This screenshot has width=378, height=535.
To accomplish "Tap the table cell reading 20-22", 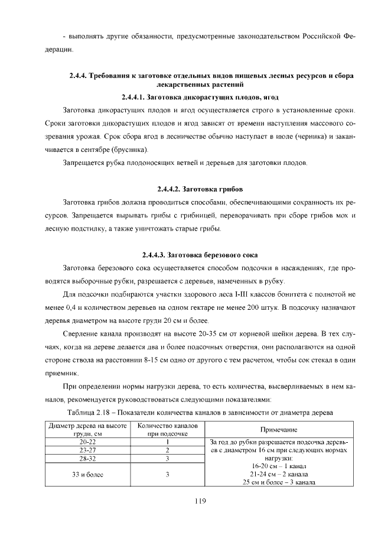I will [x=87, y=442].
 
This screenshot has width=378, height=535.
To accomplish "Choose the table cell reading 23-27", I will [x=87, y=450].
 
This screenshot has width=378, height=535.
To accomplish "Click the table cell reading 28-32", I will [x=87, y=458].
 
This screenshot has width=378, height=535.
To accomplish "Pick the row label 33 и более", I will [x=87, y=474].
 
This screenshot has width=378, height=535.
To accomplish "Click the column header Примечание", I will [x=278, y=430].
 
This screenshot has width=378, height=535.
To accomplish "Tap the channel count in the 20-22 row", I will [x=168, y=442].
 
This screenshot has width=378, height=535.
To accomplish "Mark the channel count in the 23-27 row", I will [x=168, y=450].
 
